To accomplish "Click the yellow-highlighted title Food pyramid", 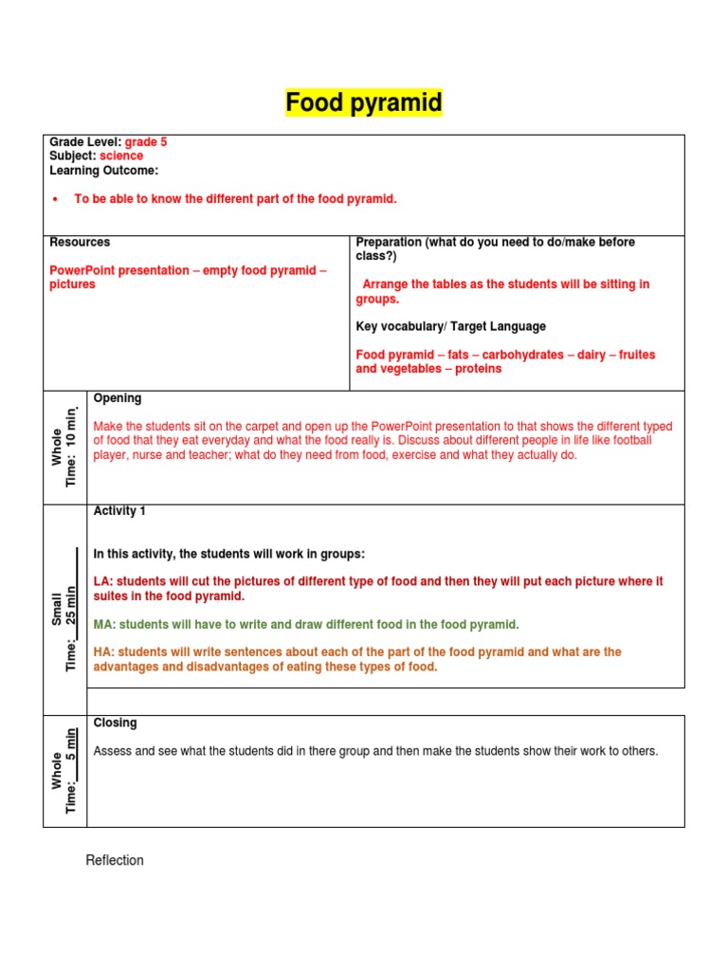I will coord(364,102).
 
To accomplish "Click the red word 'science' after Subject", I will coord(121,156).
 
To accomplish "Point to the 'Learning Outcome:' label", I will coord(103,171).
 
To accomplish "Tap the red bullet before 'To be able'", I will coord(55,200).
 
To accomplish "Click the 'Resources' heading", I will coord(80,243).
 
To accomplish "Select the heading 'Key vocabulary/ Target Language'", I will coord(450,326).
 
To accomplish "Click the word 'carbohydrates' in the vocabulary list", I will coord(524,355).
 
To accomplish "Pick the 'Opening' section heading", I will coord(118,399).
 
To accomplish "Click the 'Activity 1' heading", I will coord(119,512).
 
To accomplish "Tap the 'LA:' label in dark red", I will coord(102,581).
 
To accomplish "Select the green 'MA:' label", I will coord(104,625).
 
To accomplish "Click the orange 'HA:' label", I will coord(102,652).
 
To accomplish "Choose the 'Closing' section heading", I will coord(115,724).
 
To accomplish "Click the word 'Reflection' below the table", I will coord(115,861).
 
